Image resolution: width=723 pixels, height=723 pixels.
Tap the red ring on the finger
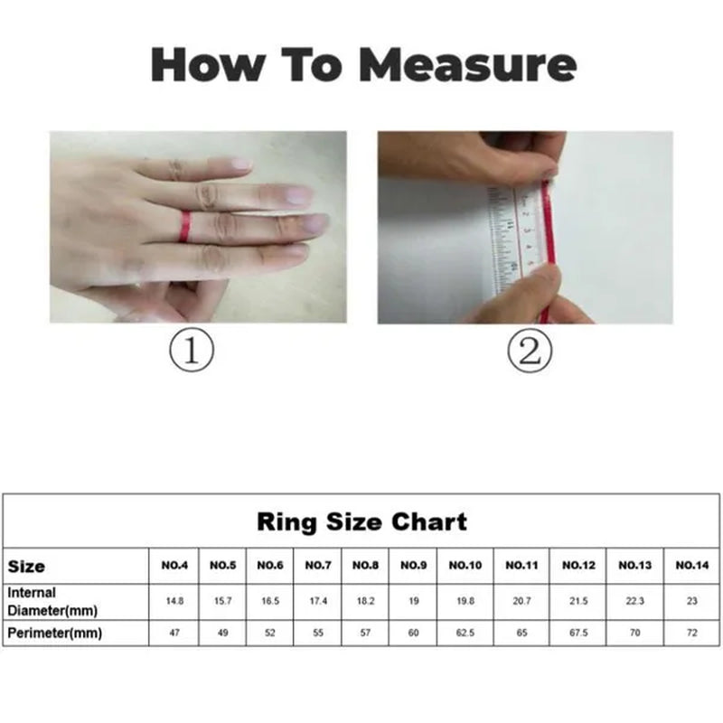[184, 226]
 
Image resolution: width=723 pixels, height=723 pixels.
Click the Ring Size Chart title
[361, 521]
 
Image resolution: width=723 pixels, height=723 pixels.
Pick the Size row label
[27, 567]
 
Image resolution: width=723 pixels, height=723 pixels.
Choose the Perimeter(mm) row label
[54, 634]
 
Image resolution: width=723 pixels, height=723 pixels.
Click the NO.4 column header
[174, 566]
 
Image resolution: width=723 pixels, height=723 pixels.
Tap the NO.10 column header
[465, 566]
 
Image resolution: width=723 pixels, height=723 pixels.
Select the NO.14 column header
[691, 566]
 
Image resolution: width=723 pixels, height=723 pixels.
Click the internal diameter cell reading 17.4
[318, 601]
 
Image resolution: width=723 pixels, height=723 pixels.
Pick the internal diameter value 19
[413, 601]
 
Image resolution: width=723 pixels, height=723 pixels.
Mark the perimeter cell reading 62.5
[465, 634]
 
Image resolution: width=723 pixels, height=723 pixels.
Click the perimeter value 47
[174, 634]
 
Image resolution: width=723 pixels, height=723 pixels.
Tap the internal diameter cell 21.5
[578, 601]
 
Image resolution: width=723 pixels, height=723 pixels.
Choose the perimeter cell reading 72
[691, 634]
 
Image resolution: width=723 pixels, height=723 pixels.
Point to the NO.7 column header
[318, 566]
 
